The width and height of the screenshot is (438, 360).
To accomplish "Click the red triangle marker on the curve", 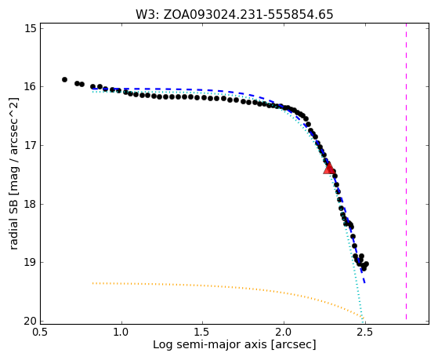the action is tap(329, 169).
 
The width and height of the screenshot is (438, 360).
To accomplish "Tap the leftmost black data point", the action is tap(64, 79).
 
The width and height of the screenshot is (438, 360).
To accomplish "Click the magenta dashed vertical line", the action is tap(406, 172).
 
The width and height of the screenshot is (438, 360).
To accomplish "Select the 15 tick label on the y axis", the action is tap(31, 28).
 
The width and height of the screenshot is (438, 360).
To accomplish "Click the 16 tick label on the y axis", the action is tap(31, 87).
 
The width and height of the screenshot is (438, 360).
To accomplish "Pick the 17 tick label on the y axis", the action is tap(31, 145).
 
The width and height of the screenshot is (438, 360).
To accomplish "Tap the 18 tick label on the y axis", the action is tap(31, 204).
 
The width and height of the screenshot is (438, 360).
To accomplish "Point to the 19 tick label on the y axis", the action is tap(31, 263).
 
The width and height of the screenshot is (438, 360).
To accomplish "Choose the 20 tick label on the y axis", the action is tap(31, 321).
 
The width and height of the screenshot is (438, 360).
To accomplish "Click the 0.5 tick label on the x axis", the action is tap(41, 332).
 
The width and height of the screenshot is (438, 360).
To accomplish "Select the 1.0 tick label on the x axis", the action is tap(121, 332).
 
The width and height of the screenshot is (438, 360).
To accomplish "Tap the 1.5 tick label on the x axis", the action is tap(202, 332).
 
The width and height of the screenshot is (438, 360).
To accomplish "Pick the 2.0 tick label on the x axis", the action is tap(284, 332).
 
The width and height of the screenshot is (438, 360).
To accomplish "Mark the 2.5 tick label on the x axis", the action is tap(365, 332).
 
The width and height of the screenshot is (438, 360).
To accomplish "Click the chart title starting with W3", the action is tap(234, 14).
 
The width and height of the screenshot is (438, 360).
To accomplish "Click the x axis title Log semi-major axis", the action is tap(234, 345).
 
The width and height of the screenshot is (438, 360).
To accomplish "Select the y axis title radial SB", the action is tap(14, 173).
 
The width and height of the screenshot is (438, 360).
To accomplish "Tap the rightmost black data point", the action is tap(367, 264).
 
